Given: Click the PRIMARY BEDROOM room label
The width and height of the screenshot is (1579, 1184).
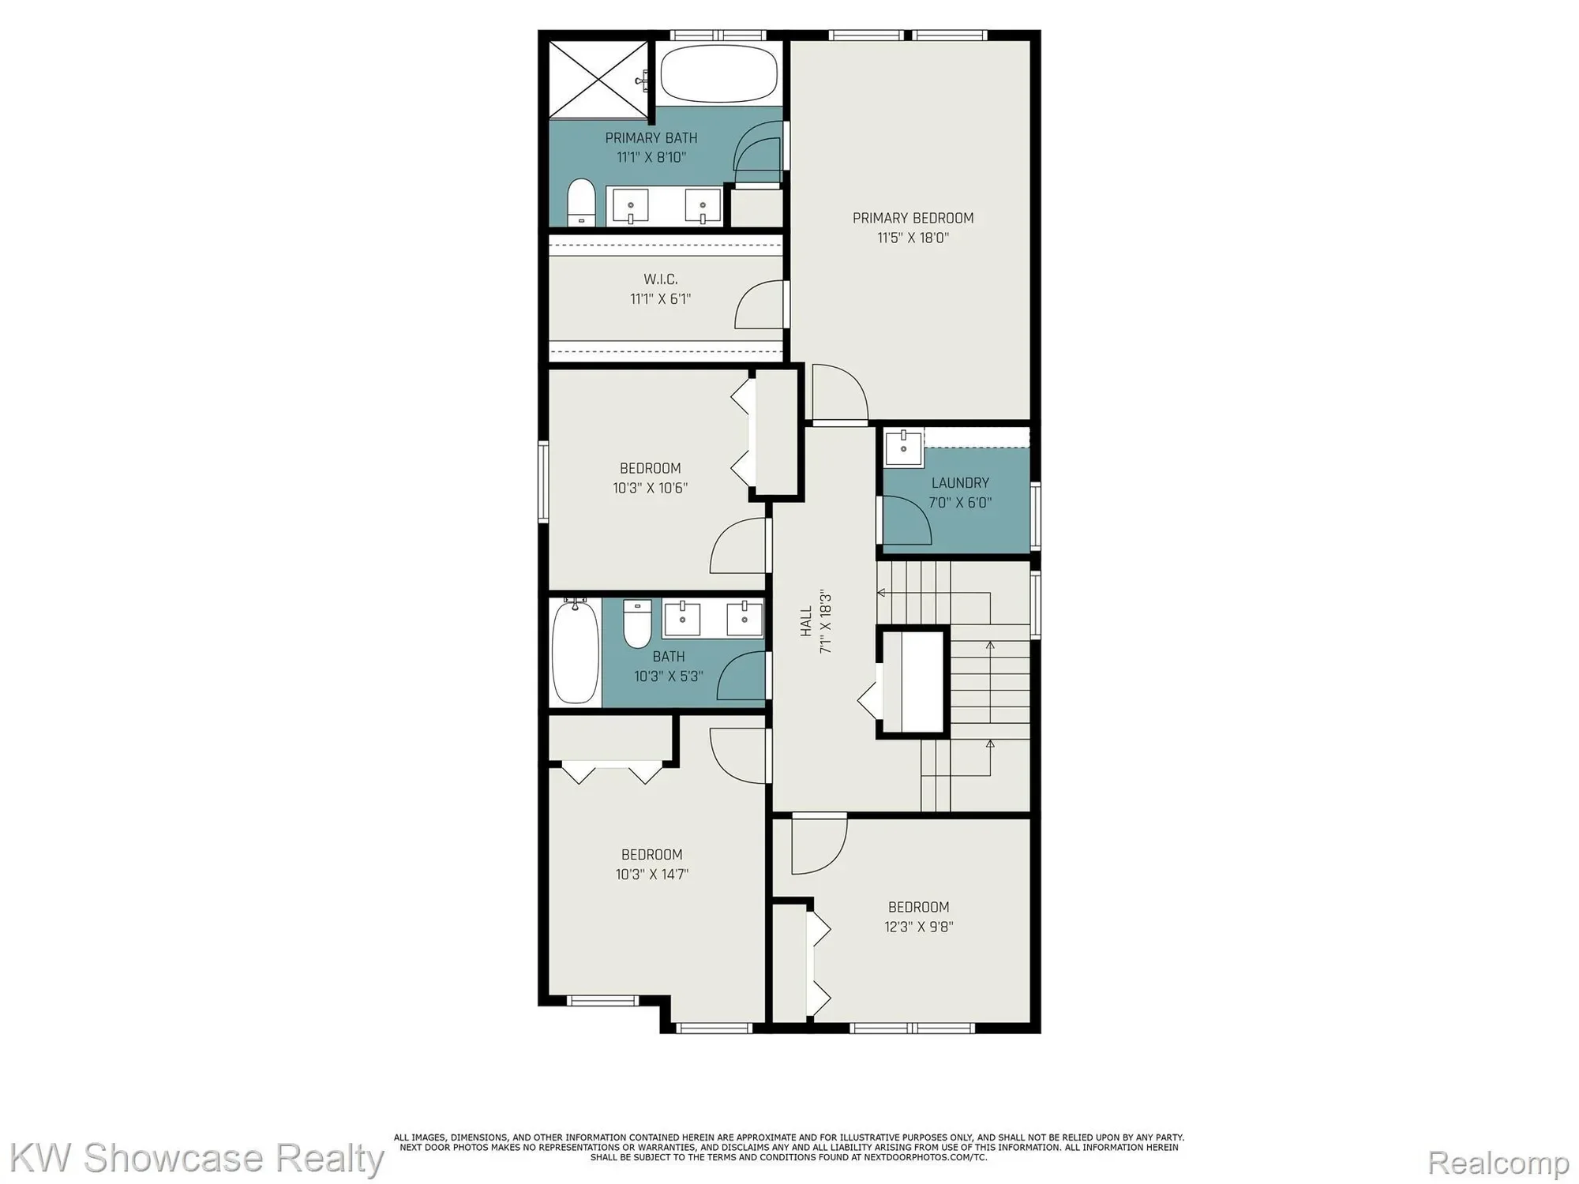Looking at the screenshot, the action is coord(913,218).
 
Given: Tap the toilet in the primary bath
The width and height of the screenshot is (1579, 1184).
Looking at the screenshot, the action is coord(582,203).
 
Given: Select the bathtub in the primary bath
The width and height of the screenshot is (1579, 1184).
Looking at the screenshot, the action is coord(718,73).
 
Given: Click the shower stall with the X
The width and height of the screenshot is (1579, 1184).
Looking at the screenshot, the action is coord(598,78).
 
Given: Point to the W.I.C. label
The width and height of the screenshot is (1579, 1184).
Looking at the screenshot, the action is coord(661,279).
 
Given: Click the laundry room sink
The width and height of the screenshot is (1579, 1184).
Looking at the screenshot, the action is coord(903,448).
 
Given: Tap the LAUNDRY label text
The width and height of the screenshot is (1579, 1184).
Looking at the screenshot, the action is coord(960,483).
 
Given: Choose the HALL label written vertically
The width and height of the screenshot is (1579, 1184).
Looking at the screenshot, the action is coord(806,621).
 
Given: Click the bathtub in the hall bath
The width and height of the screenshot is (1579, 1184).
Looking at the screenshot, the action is coord(576,652).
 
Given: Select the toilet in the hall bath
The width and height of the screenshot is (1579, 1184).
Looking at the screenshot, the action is coord(637,623).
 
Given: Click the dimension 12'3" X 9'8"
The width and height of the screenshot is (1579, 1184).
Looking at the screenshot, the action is coord(919,927).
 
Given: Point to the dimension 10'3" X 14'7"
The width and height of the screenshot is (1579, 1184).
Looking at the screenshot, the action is coord(652,875).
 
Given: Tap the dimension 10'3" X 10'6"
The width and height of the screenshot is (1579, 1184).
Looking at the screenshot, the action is coord(651,488).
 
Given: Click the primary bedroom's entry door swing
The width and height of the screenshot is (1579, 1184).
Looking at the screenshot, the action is coord(840,392).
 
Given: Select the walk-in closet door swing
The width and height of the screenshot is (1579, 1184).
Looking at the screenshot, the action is coord(759,305).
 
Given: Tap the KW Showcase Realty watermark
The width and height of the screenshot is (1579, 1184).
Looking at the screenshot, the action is coord(196,1159).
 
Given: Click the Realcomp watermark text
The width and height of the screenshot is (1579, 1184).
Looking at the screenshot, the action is coord(1498,1163).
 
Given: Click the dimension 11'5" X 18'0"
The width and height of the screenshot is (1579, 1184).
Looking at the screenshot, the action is coord(913,238).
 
